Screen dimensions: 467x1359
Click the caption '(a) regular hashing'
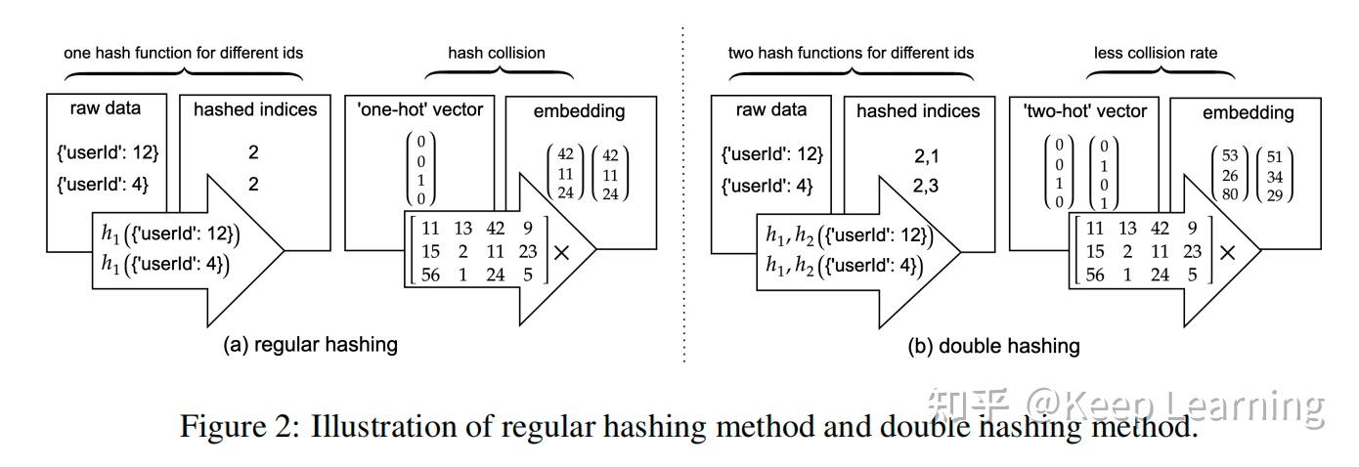tap(311, 344)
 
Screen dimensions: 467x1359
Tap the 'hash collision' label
tap(497, 53)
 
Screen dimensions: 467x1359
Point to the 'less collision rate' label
tap(1156, 53)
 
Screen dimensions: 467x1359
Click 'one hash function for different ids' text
tap(182, 53)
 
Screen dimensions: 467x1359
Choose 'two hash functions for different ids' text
tap(851, 53)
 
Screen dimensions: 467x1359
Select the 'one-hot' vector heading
tap(420, 109)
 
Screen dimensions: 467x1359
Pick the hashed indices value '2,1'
tap(917, 153)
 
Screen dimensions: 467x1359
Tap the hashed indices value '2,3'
tap(917, 185)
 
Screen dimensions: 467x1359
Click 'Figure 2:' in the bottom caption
tap(240, 427)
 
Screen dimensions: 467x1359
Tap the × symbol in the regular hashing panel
tap(562, 252)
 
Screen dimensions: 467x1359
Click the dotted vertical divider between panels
tap(682, 195)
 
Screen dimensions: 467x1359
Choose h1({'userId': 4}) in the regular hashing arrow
tap(164, 264)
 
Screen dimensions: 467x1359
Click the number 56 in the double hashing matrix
tap(1094, 275)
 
